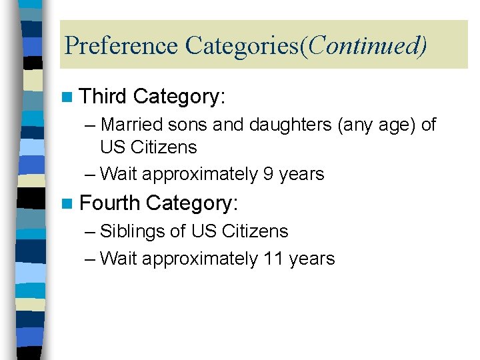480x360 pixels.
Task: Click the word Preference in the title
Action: pyautogui.click(x=121, y=46)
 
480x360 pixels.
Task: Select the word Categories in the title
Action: pyautogui.click(x=242, y=46)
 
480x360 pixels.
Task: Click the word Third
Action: pyautogui.click(x=103, y=97)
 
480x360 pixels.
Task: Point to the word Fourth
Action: pyautogui.click(x=109, y=203)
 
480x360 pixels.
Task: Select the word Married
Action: pyautogui.click(x=133, y=125)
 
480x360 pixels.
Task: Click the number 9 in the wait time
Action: pyautogui.click(x=268, y=174)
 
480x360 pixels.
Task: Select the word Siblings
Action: pyautogui.click(x=133, y=231)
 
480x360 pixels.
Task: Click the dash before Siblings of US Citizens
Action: pyautogui.click(x=90, y=232)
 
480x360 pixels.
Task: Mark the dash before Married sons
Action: pyautogui.click(x=90, y=125)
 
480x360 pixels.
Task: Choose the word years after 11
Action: pyautogui.click(x=312, y=258)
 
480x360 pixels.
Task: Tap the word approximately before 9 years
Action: pyautogui.click(x=199, y=174)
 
